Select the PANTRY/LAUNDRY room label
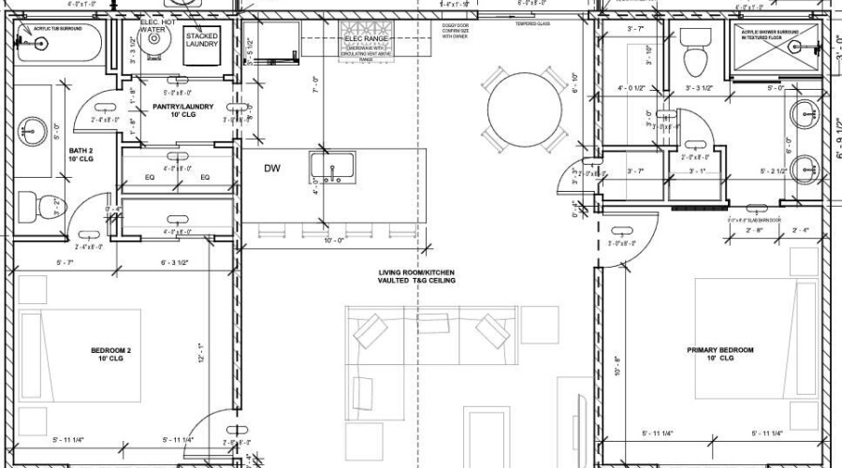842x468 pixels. click(182, 110)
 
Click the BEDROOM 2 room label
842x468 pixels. click(111, 354)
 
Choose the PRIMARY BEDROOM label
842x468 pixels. click(719, 354)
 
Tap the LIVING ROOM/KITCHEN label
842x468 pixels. click(417, 276)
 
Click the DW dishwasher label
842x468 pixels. click(272, 168)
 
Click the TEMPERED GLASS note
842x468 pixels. click(531, 23)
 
